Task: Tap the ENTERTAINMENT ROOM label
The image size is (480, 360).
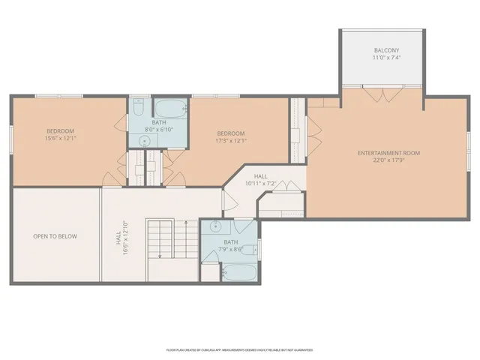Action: tap(388, 153)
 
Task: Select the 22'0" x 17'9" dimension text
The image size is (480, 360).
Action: tap(388, 160)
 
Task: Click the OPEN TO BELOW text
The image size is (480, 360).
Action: tap(55, 236)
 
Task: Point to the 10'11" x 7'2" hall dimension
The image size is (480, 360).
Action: tap(261, 183)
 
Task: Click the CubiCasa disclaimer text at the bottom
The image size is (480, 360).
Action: tap(239, 349)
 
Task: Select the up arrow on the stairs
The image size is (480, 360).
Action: tap(160, 253)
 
